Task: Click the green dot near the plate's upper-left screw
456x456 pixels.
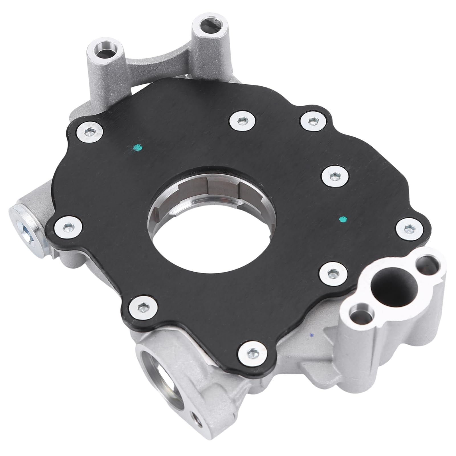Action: coord(138,147)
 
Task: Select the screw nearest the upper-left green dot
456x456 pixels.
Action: coord(89,131)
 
